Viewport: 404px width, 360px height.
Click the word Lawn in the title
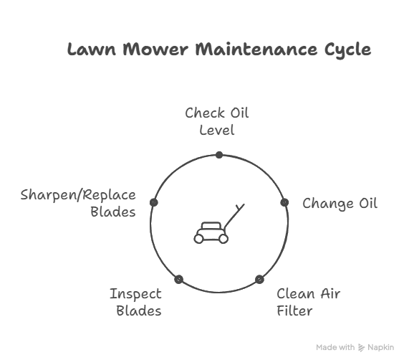point(92,49)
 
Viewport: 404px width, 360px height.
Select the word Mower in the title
point(155,49)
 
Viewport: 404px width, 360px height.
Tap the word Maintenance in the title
point(256,49)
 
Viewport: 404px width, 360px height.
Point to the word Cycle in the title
point(348,50)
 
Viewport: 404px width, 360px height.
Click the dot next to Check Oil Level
point(219,155)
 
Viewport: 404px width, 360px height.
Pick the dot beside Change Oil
point(284,202)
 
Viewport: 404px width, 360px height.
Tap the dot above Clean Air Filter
point(259,279)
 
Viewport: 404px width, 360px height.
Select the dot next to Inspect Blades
point(179,279)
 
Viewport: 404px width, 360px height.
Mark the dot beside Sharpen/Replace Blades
point(154,202)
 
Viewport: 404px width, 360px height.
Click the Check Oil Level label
point(217,121)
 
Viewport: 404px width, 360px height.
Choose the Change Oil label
point(340,204)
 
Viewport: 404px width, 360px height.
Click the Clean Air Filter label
point(309,302)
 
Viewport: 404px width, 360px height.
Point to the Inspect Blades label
point(136,302)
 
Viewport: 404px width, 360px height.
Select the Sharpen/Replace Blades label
point(78,204)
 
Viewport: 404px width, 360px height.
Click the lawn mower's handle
point(234,216)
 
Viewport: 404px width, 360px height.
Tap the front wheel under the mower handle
point(223,239)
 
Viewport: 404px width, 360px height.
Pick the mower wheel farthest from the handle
point(198,239)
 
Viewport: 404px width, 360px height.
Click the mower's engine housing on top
point(211,226)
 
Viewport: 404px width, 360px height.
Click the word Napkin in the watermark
point(381,348)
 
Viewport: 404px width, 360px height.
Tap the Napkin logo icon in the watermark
point(362,348)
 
